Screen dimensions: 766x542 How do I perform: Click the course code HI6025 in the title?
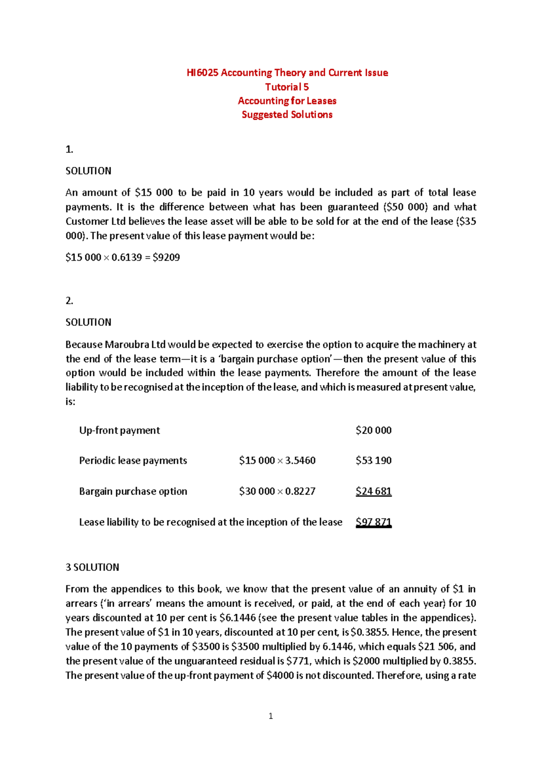(202, 73)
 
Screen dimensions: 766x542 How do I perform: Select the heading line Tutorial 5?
(287, 87)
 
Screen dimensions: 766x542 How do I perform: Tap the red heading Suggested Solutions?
(287, 115)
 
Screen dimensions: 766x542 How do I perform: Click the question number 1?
(69, 149)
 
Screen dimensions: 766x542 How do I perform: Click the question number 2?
(69, 301)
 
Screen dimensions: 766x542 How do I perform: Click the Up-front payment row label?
(119, 430)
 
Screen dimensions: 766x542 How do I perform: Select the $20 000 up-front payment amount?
(373, 430)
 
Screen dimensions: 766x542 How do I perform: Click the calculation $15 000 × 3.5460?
(277, 461)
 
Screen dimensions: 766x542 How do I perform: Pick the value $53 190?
(373, 461)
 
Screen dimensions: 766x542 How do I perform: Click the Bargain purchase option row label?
(133, 491)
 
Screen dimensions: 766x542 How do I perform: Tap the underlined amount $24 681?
(373, 491)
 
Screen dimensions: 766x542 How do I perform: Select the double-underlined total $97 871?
(373, 522)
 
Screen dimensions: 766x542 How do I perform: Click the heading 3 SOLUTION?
(92, 567)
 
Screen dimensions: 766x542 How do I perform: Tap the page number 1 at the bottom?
(271, 716)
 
